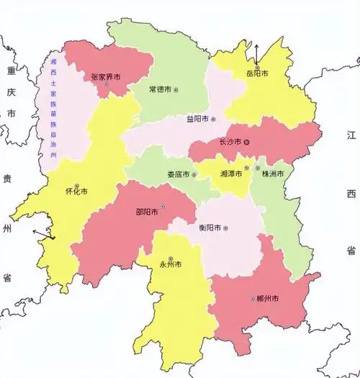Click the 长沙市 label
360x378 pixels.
pyautogui.click(x=230, y=142)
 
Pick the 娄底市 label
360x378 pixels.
pyautogui.click(x=179, y=175)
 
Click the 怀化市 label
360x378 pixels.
pyautogui.click(x=76, y=192)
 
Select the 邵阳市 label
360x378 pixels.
pyautogui.click(x=148, y=212)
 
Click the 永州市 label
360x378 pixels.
pyautogui.click(x=170, y=264)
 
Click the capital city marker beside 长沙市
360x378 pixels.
pyautogui.click(x=247, y=142)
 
